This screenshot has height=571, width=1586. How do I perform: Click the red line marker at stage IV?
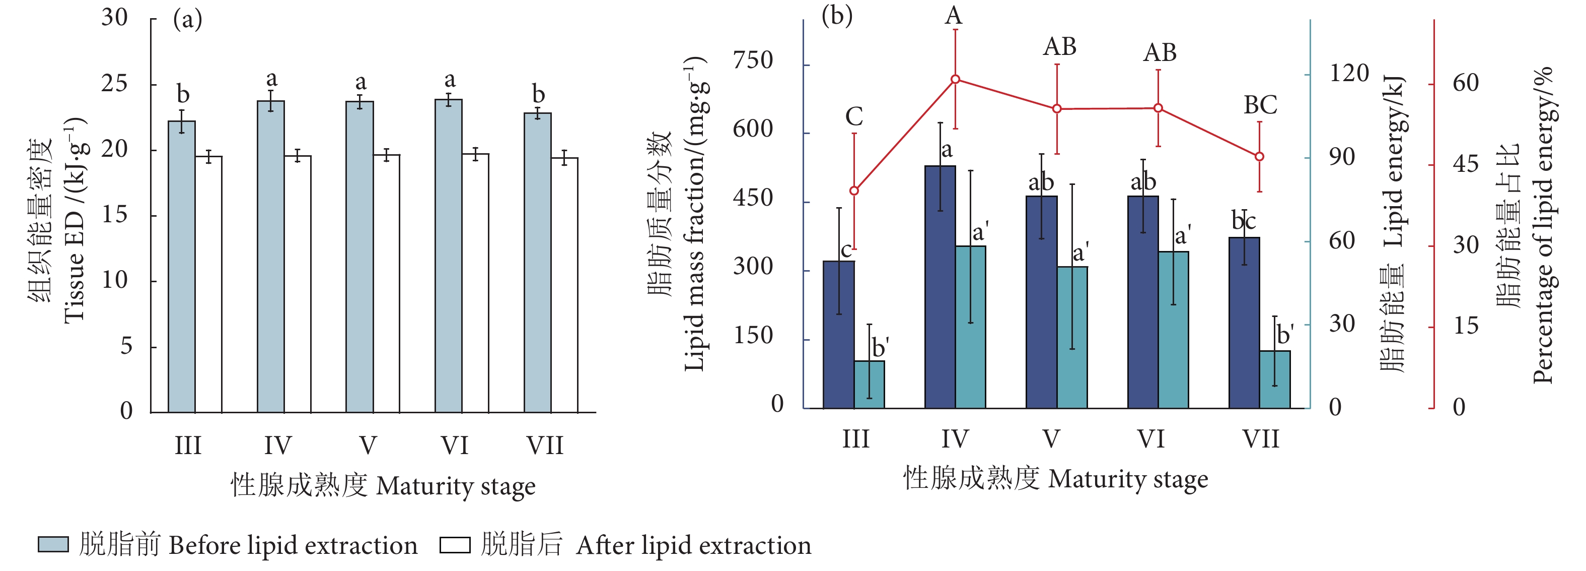tap(955, 80)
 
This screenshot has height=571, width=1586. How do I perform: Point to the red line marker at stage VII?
tap(1259, 156)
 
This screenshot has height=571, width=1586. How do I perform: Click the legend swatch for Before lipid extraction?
tap(53, 544)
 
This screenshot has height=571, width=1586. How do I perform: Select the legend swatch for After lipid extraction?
tap(455, 544)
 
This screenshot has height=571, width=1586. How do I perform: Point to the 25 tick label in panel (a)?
tap(114, 83)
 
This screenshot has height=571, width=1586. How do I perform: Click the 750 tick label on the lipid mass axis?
tap(752, 60)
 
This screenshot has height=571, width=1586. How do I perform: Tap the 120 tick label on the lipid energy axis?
tap(1348, 73)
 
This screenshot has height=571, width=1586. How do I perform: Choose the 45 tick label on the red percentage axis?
tap(1465, 164)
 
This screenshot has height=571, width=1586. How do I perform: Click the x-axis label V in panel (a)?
tap(368, 445)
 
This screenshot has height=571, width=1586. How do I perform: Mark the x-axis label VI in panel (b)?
tap(1150, 439)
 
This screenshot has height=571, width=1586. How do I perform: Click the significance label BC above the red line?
tap(1260, 105)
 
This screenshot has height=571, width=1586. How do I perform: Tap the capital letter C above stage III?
tap(854, 116)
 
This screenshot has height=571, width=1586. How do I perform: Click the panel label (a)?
tap(187, 19)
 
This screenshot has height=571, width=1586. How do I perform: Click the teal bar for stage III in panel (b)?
tap(869, 385)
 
